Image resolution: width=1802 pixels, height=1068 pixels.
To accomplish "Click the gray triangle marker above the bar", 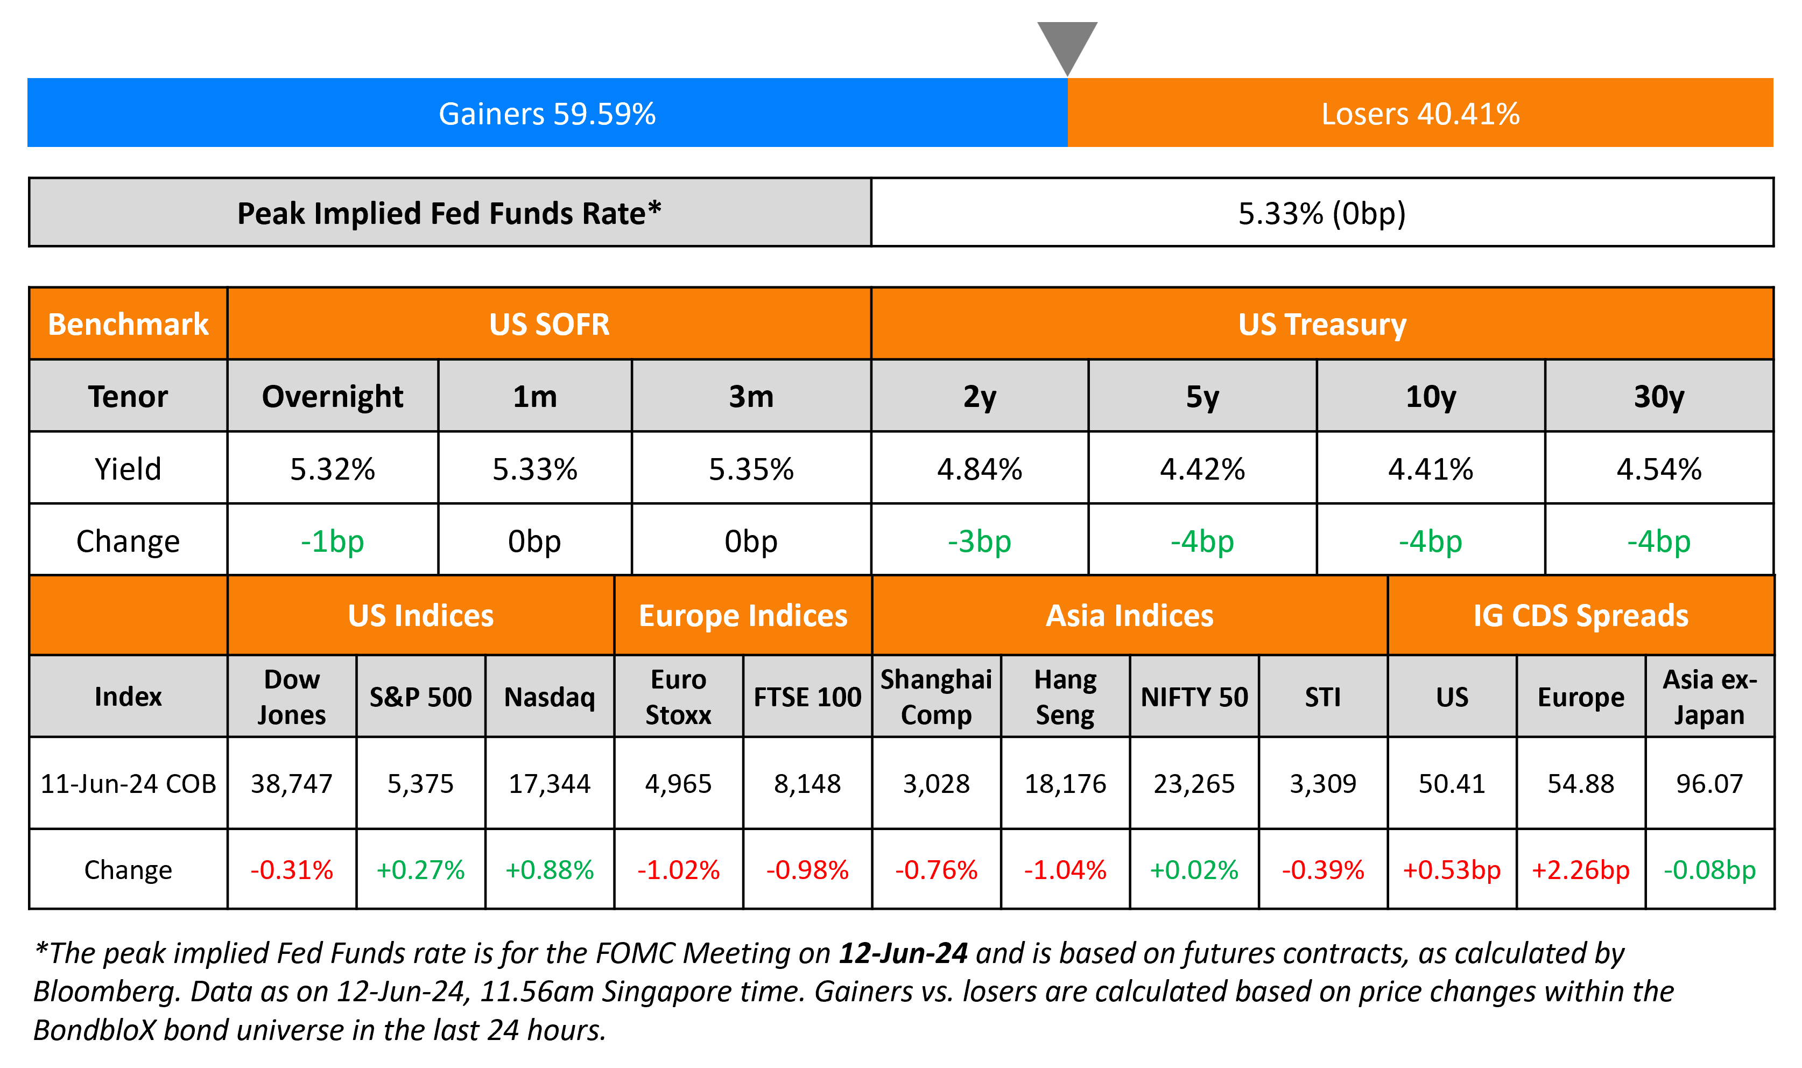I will point(1067,43).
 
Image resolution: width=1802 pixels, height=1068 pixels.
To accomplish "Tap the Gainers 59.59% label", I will point(547,114).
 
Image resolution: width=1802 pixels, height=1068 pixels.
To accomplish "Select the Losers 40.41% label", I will point(1420,114).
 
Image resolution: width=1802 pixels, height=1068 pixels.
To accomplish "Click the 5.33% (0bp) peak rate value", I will point(1321,213).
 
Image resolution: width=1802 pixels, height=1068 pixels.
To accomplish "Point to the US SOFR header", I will point(549,325).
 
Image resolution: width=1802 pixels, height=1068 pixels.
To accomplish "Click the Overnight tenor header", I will point(332,397).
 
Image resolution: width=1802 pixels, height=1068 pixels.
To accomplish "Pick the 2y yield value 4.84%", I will point(979,469).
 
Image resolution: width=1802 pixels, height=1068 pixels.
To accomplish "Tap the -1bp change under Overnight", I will point(332,541).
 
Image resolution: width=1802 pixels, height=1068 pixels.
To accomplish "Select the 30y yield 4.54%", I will point(1659,469).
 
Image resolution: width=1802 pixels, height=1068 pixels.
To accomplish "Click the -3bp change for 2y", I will point(979,541).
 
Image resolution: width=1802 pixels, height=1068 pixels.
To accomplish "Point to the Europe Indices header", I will point(743,616).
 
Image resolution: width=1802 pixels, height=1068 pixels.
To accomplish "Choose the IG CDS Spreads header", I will point(1580,616).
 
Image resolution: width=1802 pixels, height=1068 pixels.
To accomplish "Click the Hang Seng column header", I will point(1065,697).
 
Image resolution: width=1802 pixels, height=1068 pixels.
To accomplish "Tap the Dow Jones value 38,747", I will point(291,783).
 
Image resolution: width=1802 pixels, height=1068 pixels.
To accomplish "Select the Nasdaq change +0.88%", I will point(550,870).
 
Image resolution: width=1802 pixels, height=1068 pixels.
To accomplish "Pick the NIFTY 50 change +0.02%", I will point(1194,870).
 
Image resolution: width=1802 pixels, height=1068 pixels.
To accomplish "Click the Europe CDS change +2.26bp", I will point(1580,870).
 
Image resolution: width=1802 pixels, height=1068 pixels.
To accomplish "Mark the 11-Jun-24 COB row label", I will point(128,783).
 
